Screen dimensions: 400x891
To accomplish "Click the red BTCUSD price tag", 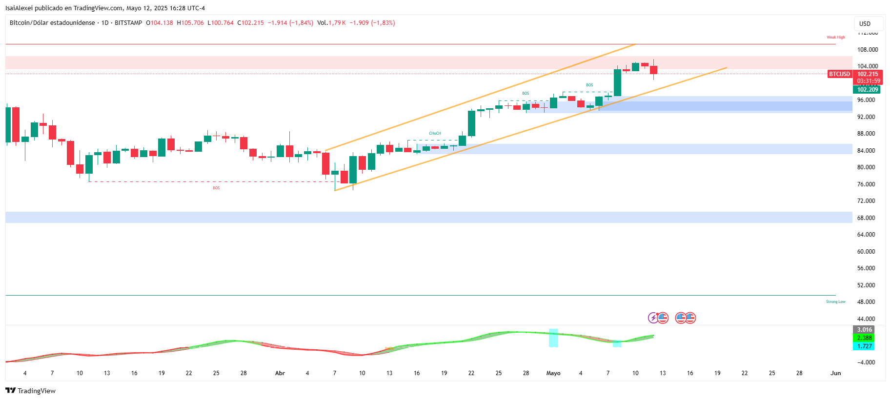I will click(839, 74).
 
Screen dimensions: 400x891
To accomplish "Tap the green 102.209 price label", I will click(868, 90).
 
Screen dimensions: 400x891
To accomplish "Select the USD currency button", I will click(865, 23).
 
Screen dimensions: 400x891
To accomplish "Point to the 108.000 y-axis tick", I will click(867, 49).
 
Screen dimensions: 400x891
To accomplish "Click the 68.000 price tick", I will click(866, 218).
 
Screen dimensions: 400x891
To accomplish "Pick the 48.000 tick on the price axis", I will click(866, 302).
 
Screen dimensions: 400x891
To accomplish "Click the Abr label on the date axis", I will click(280, 373).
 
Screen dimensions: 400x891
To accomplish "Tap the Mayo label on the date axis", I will click(553, 373).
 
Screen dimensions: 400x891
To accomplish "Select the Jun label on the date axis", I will click(836, 373).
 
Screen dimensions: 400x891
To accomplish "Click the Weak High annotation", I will click(835, 38).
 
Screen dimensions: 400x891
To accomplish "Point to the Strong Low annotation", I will click(835, 302).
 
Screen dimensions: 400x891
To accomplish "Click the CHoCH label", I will click(435, 133).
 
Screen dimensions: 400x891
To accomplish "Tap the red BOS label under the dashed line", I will click(216, 188).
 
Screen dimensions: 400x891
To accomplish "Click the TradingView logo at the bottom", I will click(31, 391).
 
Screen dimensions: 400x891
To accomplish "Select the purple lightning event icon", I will click(653, 318).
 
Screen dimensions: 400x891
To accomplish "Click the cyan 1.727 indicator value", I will click(864, 346).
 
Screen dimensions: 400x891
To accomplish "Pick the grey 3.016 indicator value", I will click(864, 330).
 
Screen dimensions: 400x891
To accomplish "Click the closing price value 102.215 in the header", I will click(252, 23).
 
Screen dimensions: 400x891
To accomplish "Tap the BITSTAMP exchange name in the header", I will click(128, 23).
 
